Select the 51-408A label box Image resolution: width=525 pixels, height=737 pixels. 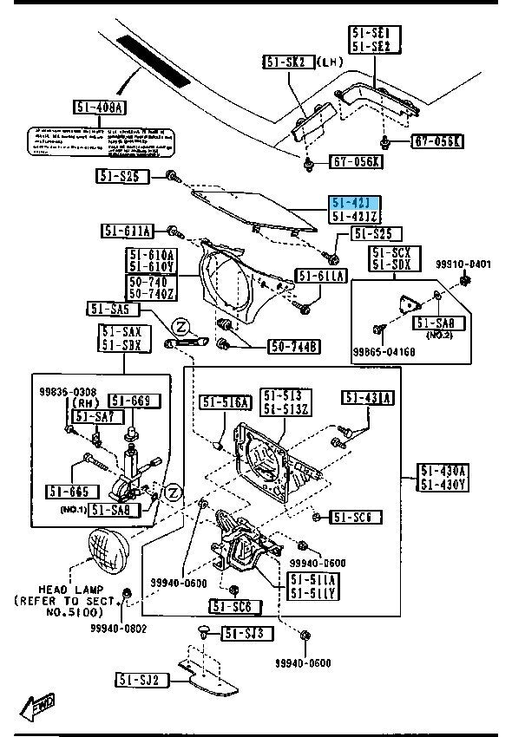tap(100, 108)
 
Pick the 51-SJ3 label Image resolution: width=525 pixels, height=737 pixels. tap(246, 634)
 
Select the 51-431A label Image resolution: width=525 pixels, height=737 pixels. tap(368, 398)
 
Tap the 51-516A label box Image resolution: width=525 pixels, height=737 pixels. tap(226, 401)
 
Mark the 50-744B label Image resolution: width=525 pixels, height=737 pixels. tap(294, 347)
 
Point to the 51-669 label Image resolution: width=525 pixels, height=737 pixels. tap(135, 400)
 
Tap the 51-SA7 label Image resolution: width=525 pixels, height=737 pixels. tap(94, 417)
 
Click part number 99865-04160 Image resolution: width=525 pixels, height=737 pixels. tap(384, 351)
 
